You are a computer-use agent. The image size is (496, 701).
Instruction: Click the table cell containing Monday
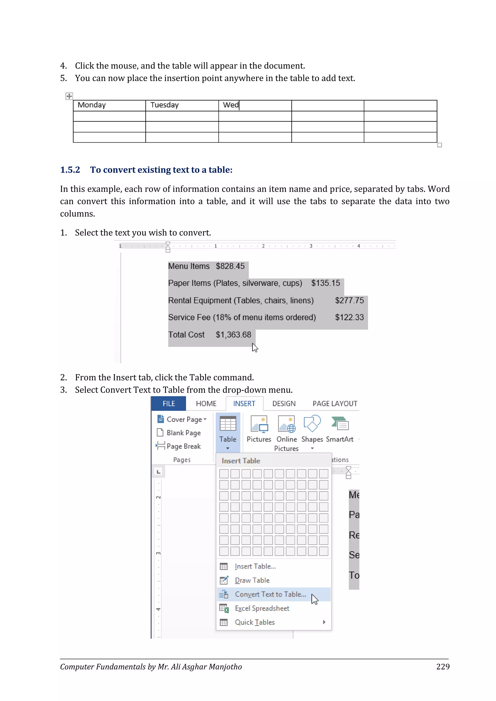click(109, 105)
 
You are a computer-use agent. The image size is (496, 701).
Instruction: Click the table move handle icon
click(69, 96)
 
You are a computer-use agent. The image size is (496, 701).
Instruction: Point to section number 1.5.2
click(70, 170)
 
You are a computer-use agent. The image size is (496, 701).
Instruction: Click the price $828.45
click(230, 266)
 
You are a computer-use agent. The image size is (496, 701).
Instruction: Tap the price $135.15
click(325, 283)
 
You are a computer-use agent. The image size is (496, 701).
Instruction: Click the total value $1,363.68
click(233, 335)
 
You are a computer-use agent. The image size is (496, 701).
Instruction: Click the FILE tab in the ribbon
click(169, 404)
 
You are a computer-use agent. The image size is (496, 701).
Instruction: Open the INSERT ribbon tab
click(244, 404)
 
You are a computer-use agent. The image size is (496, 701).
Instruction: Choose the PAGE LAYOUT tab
click(335, 404)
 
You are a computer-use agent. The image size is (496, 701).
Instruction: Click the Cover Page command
click(184, 419)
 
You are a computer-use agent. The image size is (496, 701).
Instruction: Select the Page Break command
click(183, 446)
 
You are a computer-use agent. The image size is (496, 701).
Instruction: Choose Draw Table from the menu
click(252, 580)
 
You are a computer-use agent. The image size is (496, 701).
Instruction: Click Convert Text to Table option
click(270, 594)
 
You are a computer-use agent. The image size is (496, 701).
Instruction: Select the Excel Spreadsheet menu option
click(262, 608)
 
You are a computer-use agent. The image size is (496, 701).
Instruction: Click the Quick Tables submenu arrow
click(324, 622)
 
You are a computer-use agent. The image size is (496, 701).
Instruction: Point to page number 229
click(442, 666)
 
